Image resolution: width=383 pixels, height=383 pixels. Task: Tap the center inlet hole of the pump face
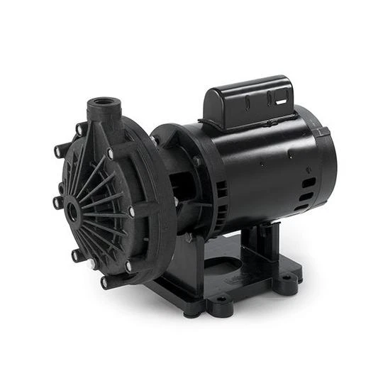point(74,213)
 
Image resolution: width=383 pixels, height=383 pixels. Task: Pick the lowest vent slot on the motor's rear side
point(306,206)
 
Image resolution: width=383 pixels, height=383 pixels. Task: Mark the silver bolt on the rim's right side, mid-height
point(131,211)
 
